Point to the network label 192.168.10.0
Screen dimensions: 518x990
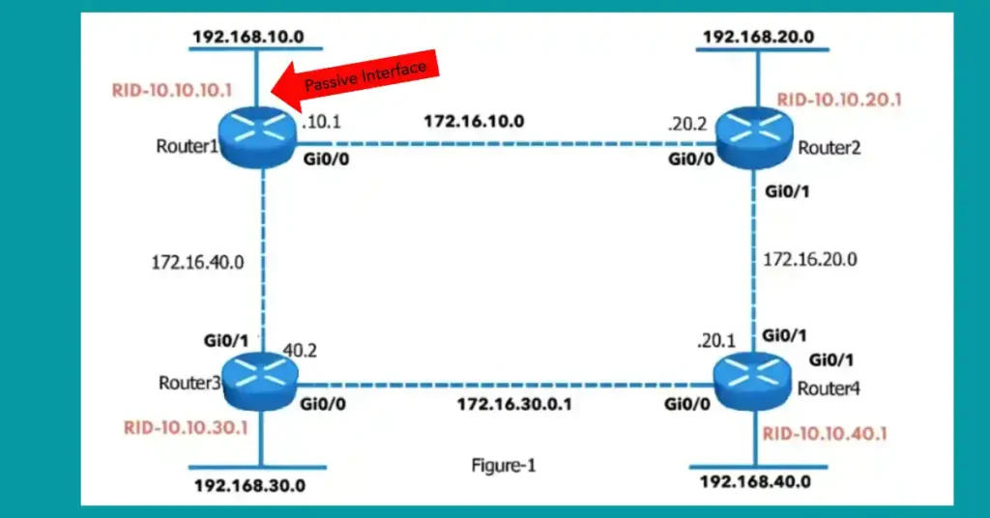click(x=248, y=37)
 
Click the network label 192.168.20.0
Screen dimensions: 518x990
click(x=758, y=37)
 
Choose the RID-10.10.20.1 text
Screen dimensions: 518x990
click(x=838, y=99)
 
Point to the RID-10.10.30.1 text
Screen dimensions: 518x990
click(x=187, y=427)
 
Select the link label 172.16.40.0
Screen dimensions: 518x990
click(x=196, y=261)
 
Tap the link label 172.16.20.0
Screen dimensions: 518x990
click(x=811, y=259)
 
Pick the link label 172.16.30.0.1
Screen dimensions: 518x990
click(x=513, y=403)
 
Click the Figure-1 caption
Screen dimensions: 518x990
click(x=503, y=465)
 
